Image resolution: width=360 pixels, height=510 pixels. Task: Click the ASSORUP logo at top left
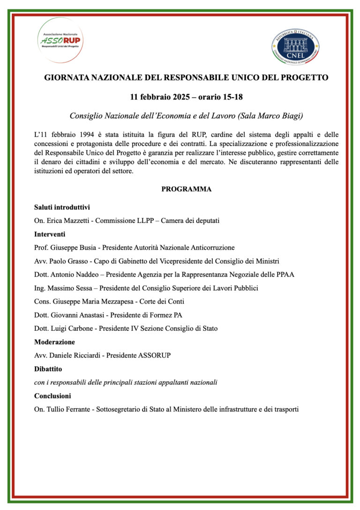tap(61, 40)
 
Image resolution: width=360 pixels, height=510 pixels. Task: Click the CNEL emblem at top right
tap(295, 47)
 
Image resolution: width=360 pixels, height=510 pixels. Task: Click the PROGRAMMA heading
tap(186, 189)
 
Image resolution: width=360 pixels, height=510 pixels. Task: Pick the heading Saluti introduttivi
tap(62, 207)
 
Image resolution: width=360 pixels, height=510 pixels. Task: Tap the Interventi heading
tap(50, 234)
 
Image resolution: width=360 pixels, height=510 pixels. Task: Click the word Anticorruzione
tap(208, 247)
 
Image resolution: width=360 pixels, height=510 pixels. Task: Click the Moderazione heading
tap(54, 342)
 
